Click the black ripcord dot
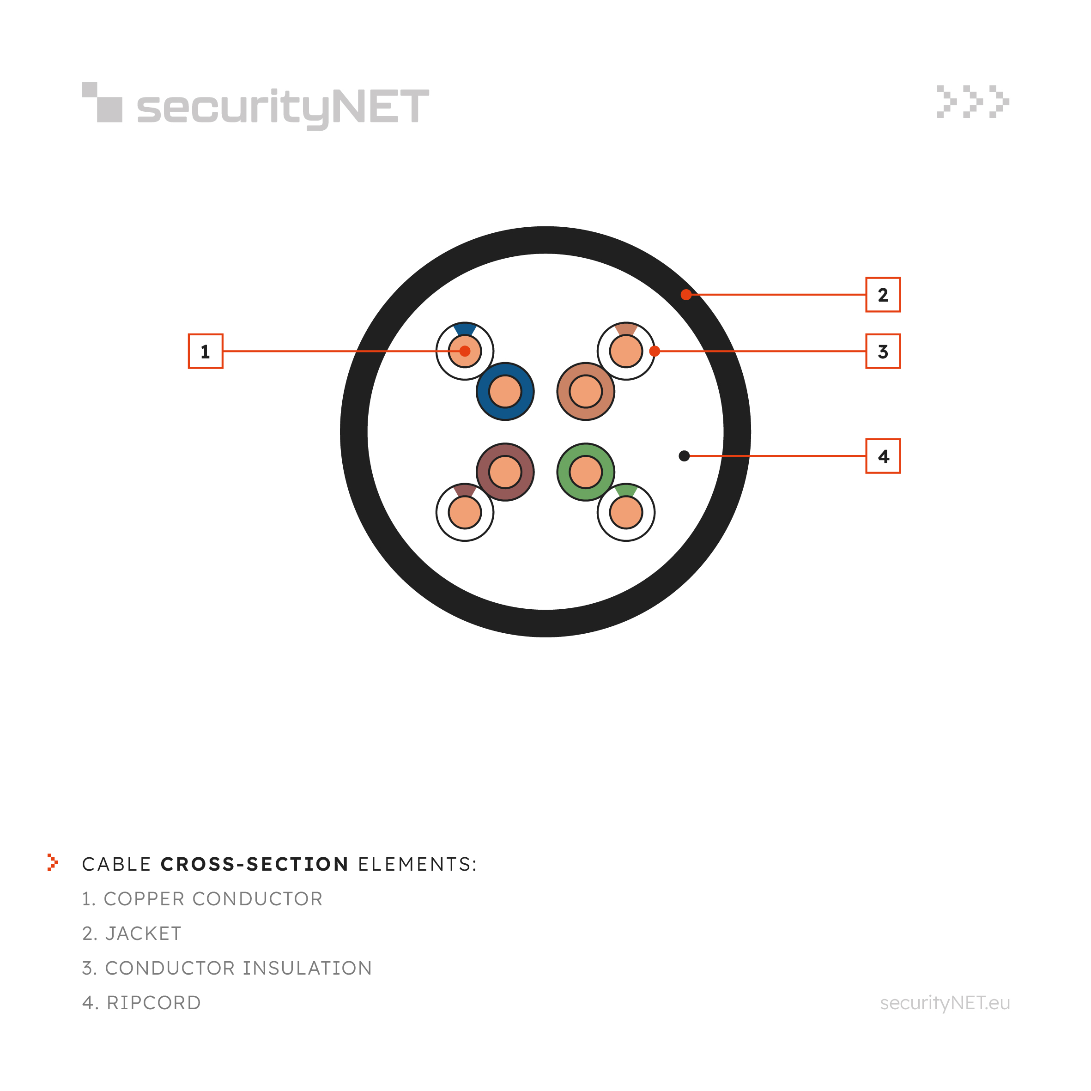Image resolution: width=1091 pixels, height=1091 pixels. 684,456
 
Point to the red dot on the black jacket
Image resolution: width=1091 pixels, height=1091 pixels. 686,295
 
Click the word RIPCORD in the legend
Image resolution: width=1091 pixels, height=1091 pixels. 154,1003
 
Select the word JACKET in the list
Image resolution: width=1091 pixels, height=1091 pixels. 144,933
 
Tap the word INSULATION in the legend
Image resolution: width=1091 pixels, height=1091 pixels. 307,968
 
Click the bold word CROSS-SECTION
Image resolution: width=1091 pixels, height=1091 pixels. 255,864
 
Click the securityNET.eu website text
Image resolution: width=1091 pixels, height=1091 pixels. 945,1003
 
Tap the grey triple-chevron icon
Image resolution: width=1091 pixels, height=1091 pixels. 973,102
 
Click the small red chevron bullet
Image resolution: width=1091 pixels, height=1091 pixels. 53,862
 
